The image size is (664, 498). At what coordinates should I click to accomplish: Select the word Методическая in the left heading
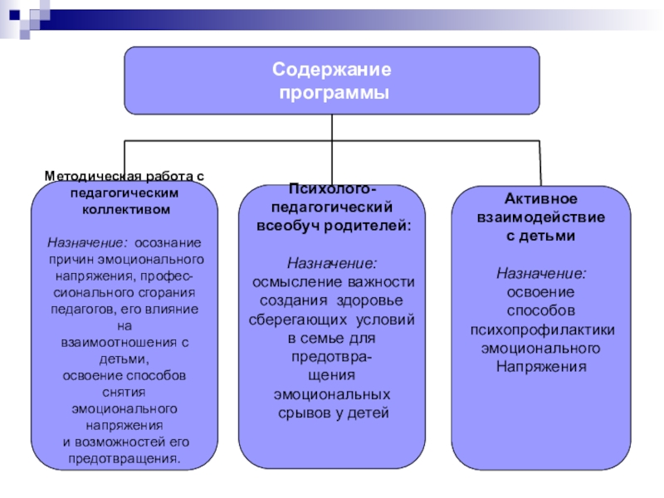(85, 177)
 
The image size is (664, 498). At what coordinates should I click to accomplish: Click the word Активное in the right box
(540, 200)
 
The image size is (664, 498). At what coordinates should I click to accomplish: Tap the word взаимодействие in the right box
(540, 217)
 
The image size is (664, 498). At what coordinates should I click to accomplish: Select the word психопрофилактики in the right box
(540, 329)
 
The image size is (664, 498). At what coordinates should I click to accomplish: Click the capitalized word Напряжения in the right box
(540, 365)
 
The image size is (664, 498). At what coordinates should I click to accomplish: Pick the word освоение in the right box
(540, 292)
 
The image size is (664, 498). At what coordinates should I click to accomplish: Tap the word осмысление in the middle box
(294, 283)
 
